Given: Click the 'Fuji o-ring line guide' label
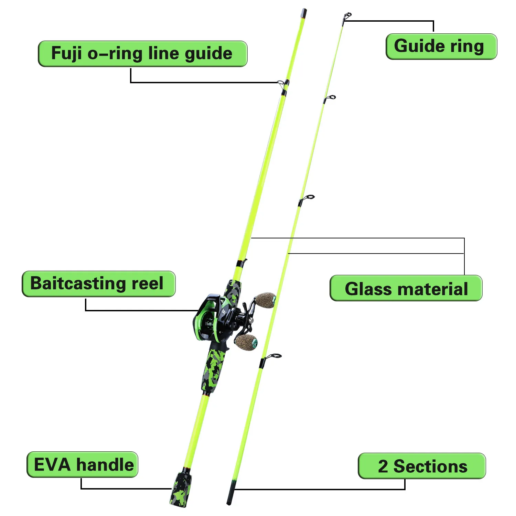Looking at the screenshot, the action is click(143, 54).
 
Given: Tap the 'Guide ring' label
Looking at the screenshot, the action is click(441, 46).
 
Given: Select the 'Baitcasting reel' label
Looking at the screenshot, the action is click(99, 284).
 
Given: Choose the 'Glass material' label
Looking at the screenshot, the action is click(406, 288).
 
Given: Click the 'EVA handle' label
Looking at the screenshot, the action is click(83, 464).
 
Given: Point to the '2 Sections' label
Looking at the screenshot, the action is click(422, 466).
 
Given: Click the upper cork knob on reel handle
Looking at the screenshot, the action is click(265, 300).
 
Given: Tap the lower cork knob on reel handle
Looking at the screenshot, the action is click(246, 342).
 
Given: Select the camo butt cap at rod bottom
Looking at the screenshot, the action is click(180, 489).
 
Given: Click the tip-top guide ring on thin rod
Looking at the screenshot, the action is click(347, 17).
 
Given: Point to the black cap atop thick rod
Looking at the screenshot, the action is click(303, 13).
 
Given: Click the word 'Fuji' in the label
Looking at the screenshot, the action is click(67, 54).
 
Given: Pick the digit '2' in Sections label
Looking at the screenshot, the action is click(383, 466).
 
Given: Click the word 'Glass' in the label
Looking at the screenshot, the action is click(368, 289).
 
